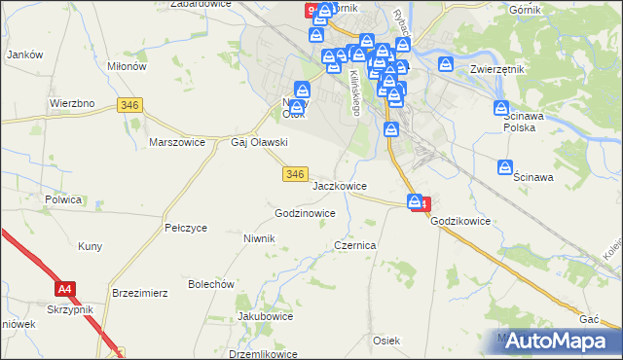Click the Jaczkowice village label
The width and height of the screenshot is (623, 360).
[340, 184]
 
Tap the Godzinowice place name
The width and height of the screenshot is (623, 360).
[306, 212]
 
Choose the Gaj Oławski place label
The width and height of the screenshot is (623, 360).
[258, 142]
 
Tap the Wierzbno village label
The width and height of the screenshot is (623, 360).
[70, 102]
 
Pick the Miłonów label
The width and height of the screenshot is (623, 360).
[128, 65]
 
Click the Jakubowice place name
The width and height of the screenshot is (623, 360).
[266, 316]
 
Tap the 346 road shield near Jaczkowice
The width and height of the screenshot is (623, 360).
[297, 173]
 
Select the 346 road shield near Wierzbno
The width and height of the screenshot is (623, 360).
[128, 105]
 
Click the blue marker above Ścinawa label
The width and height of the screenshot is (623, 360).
[506, 167]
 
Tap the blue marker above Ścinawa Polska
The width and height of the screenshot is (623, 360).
[502, 109]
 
